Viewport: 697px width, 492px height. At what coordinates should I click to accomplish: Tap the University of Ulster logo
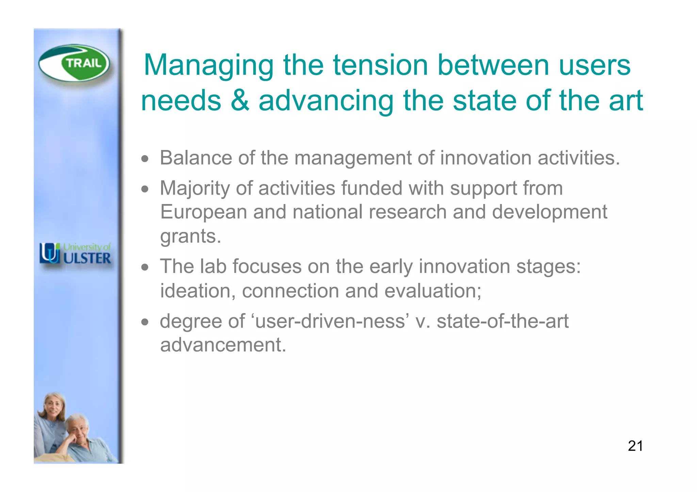click(x=75, y=254)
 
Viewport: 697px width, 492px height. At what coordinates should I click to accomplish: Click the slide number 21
click(x=635, y=446)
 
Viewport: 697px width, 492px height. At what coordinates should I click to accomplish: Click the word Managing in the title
click(x=209, y=66)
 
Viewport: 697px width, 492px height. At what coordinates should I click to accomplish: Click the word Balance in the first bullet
click(x=196, y=158)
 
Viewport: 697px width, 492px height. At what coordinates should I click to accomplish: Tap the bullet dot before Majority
click(x=145, y=189)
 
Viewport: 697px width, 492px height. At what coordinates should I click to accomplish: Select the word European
click(x=203, y=212)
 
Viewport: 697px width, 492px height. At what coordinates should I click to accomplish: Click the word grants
click(x=190, y=237)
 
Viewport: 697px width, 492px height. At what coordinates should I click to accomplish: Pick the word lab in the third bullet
click(x=213, y=266)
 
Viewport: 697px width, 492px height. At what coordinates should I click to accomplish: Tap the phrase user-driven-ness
click(x=330, y=321)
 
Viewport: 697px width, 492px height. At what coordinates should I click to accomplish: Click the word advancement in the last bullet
click(x=223, y=345)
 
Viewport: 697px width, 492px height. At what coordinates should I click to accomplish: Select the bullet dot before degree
click(x=145, y=322)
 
